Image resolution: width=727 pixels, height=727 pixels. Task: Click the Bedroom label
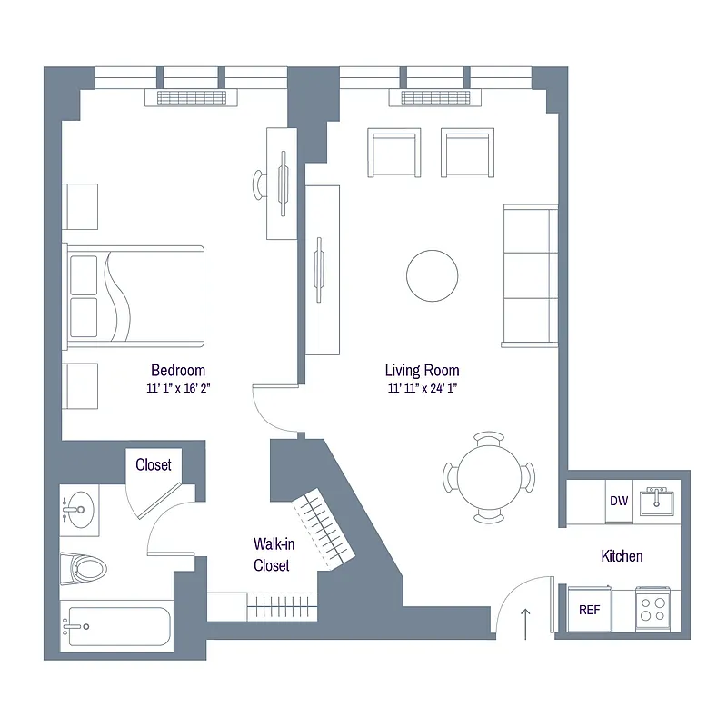coord(178,370)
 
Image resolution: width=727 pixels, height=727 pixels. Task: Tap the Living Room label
coord(422,370)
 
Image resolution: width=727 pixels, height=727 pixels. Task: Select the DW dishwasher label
coord(619,501)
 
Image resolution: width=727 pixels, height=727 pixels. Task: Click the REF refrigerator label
coord(589,610)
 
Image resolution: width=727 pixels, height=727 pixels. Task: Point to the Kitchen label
coord(622,556)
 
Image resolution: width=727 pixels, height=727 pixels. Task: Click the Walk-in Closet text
coord(272,555)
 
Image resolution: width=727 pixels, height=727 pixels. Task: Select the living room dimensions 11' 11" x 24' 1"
coord(422,388)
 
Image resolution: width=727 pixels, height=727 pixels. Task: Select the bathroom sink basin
coord(80,510)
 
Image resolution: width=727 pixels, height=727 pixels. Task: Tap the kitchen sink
coord(655,501)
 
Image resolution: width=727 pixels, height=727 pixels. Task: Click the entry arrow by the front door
coord(525,624)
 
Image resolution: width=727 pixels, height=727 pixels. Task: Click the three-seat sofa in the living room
coord(531,274)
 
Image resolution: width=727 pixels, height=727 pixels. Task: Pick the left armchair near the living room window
coord(394,154)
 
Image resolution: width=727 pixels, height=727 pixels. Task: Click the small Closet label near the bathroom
coord(154,464)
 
